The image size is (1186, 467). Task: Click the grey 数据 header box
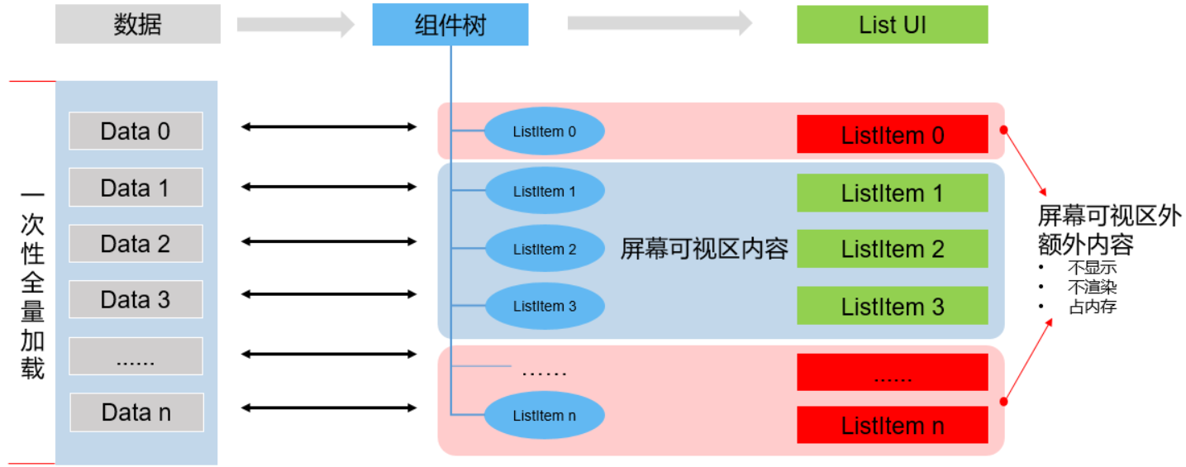tap(137, 25)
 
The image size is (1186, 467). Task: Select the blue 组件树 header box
tap(450, 25)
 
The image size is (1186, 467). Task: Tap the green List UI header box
tap(892, 25)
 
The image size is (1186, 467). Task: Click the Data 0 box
tap(136, 131)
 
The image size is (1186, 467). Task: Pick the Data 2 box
tap(136, 244)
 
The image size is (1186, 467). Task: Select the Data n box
tap(136, 412)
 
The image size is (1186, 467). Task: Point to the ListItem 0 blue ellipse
tap(544, 131)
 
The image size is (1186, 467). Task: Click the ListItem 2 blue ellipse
tap(544, 249)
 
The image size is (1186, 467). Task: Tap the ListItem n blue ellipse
tap(544, 416)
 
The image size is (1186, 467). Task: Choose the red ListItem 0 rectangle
tap(892, 135)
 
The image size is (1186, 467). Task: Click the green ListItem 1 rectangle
tap(892, 193)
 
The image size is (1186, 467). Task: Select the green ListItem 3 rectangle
tap(892, 307)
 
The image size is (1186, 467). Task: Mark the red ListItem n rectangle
tap(892, 426)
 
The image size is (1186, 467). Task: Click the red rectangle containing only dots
tap(892, 373)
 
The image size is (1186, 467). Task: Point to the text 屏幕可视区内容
tap(704, 249)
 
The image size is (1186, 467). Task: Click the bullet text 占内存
tap(1093, 307)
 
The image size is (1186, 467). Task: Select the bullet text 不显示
tap(1093, 267)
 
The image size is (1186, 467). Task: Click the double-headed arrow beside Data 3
tap(329, 295)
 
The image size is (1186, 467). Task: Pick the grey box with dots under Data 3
tap(136, 356)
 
